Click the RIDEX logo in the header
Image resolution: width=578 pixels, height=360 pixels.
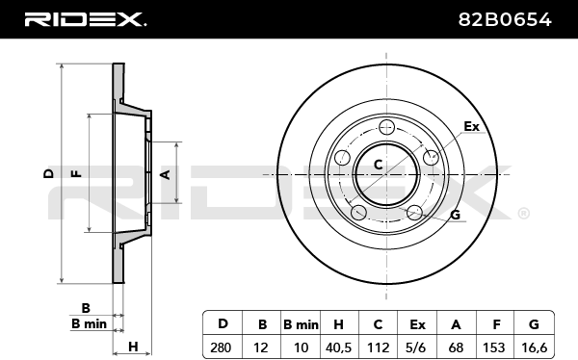[85, 19]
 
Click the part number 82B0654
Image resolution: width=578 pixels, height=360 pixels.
[505, 19]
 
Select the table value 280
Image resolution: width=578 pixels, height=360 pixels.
[221, 347]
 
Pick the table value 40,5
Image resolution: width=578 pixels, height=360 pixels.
[339, 347]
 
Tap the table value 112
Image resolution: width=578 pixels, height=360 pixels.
[379, 347]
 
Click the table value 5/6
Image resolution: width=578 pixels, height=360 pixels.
[417, 347]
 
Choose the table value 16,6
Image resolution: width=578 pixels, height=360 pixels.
[534, 347]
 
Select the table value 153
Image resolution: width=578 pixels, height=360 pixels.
[493, 347]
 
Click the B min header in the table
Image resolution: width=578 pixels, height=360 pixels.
[301, 324]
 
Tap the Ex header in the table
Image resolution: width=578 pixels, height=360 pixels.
[417, 324]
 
